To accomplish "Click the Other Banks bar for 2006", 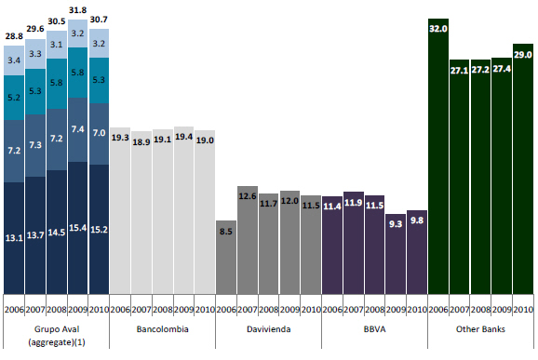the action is point(438,156).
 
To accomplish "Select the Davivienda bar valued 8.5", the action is point(226,257).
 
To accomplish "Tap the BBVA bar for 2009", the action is point(396,254).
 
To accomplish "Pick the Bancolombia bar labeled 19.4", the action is point(183,210).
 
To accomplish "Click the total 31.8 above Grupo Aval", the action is point(77,10).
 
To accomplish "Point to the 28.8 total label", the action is point(14,36).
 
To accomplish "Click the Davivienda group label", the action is point(269,329).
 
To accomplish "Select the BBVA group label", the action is point(375,329).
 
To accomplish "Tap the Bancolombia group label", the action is point(163,329).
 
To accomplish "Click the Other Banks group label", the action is point(480,329).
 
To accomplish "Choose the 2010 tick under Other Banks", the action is point(523,310).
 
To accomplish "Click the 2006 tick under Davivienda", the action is point(226,310).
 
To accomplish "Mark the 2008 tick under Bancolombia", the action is point(163,310).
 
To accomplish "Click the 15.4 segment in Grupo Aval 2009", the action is point(77,228).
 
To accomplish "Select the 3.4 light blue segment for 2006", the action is point(14,60).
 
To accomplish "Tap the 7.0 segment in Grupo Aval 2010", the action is point(99,134).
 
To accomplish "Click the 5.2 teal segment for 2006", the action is point(14,98).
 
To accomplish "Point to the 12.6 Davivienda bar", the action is point(248,240).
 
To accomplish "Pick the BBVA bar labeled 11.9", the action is point(354,243).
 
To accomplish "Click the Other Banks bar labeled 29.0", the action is point(523,168).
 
